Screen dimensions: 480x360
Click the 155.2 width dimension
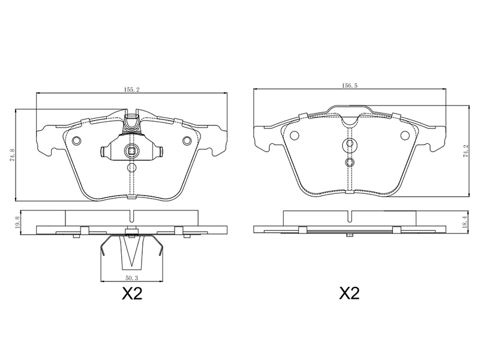coord(131,89)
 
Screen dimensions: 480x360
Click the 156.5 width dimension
coord(350,86)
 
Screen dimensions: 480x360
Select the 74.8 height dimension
coord(12,155)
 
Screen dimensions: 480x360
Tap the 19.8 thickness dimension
coord(17,222)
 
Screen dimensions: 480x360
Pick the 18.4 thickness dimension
coord(466,221)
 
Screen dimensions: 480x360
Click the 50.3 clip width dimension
coord(131,278)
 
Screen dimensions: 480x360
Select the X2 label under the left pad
coord(132,294)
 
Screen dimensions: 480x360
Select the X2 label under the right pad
coord(349,294)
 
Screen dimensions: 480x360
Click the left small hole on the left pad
coord(77,140)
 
